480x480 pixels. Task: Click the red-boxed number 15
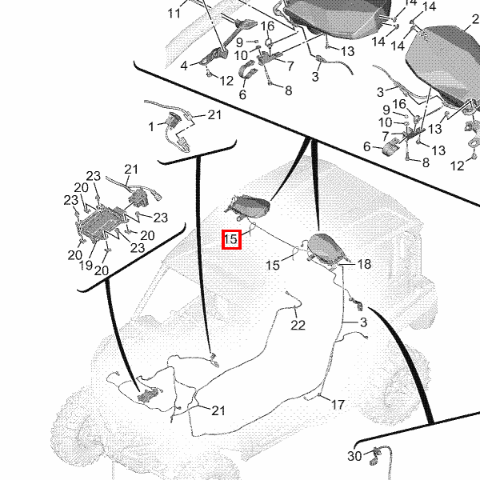(x=231, y=239)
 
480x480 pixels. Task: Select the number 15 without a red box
(x=273, y=265)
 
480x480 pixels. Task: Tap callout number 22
(x=298, y=325)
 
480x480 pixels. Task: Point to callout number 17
(x=338, y=405)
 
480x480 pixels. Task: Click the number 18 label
(x=364, y=264)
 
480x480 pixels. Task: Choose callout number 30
(x=354, y=456)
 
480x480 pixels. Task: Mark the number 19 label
(x=86, y=265)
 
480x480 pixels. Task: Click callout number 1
(x=151, y=126)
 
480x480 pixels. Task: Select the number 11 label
(x=174, y=14)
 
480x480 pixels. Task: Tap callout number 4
(x=184, y=66)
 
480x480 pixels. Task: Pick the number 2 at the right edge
(x=475, y=19)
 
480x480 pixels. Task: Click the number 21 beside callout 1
(x=214, y=114)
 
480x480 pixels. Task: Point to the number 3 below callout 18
(x=363, y=322)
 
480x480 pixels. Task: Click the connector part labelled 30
(x=375, y=456)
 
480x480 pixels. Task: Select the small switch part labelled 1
(x=174, y=120)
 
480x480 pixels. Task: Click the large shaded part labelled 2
(x=444, y=64)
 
